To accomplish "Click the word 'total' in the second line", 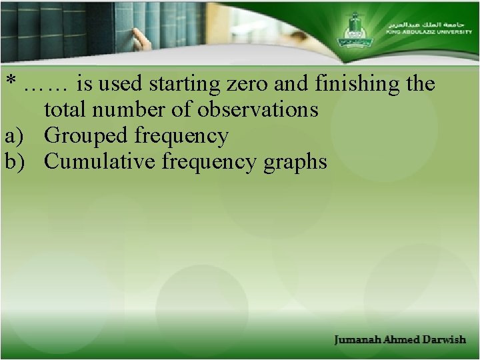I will pos(63,109).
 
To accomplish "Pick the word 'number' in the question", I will pos(126,109).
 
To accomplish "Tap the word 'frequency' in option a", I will pos(181,136).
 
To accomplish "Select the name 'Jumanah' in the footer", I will pos(360,339).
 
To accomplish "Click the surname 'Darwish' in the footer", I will pos(444,339).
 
